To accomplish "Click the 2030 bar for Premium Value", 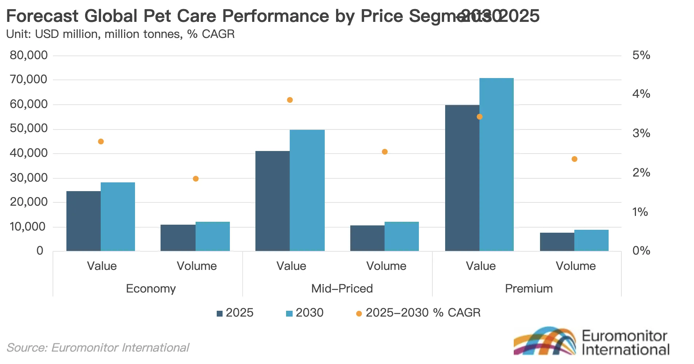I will [496, 164].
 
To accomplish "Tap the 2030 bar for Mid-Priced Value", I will [307, 190].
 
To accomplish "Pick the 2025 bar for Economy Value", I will [83, 221].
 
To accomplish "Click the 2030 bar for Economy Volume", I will [212, 236].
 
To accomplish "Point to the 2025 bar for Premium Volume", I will [557, 241].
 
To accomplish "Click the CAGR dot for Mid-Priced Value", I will [290, 100].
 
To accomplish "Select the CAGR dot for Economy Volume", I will [196, 179].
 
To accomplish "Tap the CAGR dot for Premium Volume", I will [574, 159].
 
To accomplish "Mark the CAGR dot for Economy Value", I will [101, 142].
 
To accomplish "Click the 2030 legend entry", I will [305, 313].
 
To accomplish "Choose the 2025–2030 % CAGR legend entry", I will [418, 313].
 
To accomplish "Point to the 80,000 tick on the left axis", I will [29, 55].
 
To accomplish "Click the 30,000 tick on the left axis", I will [29, 178].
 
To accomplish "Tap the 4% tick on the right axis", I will [641, 94].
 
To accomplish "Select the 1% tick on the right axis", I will [640, 212].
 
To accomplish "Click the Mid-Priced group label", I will [342, 289].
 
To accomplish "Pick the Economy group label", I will [151, 289].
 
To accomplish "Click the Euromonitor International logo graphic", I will [545, 341].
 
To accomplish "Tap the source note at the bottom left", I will [98, 348].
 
